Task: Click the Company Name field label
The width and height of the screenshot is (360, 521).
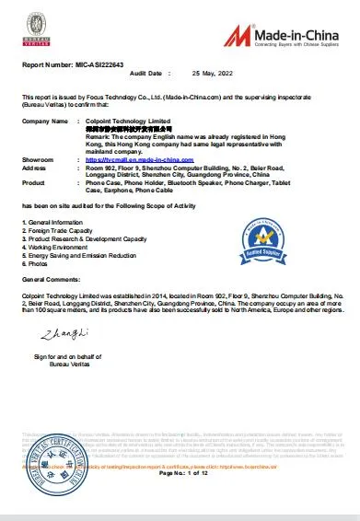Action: (45, 122)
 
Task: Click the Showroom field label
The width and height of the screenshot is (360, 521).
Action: (40, 160)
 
